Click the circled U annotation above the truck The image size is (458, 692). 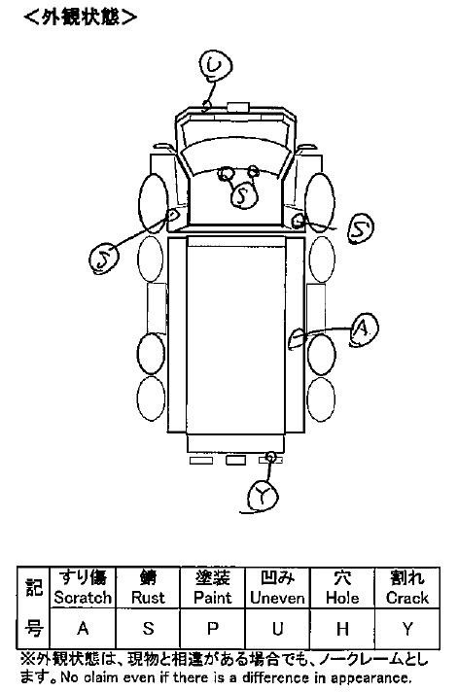pyautogui.click(x=215, y=66)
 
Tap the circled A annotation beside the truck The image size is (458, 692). pyautogui.click(x=364, y=329)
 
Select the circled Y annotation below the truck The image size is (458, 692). pyautogui.click(x=264, y=496)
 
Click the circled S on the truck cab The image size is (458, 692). pyautogui.click(x=244, y=195)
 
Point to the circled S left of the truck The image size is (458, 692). pyautogui.click(x=103, y=259)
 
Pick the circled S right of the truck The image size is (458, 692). pyautogui.click(x=361, y=228)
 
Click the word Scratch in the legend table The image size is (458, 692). pyautogui.click(x=83, y=598)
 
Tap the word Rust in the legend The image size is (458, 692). pyautogui.click(x=148, y=598)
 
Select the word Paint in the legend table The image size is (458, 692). pyautogui.click(x=212, y=598)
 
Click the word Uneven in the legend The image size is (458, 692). pyautogui.click(x=277, y=598)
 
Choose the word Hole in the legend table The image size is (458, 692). pyautogui.click(x=342, y=598)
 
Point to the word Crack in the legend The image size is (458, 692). pyautogui.click(x=407, y=598)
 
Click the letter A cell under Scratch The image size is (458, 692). pyautogui.click(x=83, y=628)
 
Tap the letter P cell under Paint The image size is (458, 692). pyautogui.click(x=212, y=628)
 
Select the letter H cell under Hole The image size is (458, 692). pyautogui.click(x=342, y=628)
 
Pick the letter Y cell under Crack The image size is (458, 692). pyautogui.click(x=407, y=628)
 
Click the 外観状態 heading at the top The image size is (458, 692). pyautogui.click(x=81, y=17)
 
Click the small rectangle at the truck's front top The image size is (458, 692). pyautogui.click(x=238, y=107)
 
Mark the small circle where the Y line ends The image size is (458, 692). pyautogui.click(x=271, y=457)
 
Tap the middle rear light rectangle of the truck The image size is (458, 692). pyautogui.click(x=236, y=461)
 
